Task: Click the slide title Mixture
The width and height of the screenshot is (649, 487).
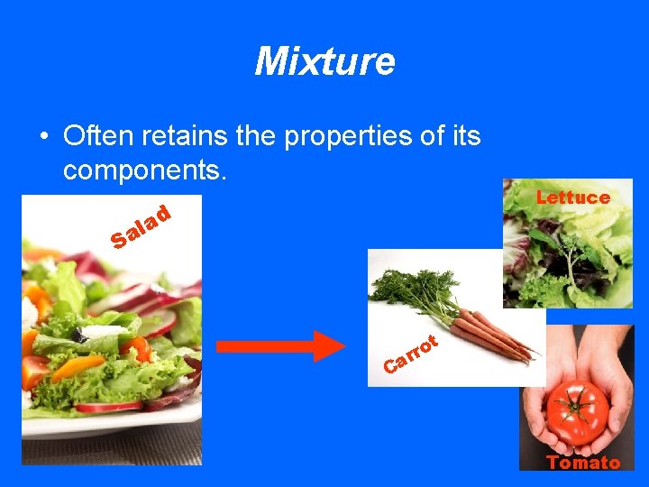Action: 324,61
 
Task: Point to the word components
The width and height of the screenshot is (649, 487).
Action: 143,170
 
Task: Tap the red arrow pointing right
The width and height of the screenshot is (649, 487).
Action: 280,345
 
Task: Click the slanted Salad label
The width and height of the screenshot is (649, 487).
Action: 141,226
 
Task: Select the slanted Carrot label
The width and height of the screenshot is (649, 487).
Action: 410,354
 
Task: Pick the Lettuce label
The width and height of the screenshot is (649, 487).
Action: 572,197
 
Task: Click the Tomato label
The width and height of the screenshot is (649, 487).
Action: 583,463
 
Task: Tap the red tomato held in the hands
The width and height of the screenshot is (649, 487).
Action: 578,411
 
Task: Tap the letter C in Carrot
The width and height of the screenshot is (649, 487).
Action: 390,365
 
